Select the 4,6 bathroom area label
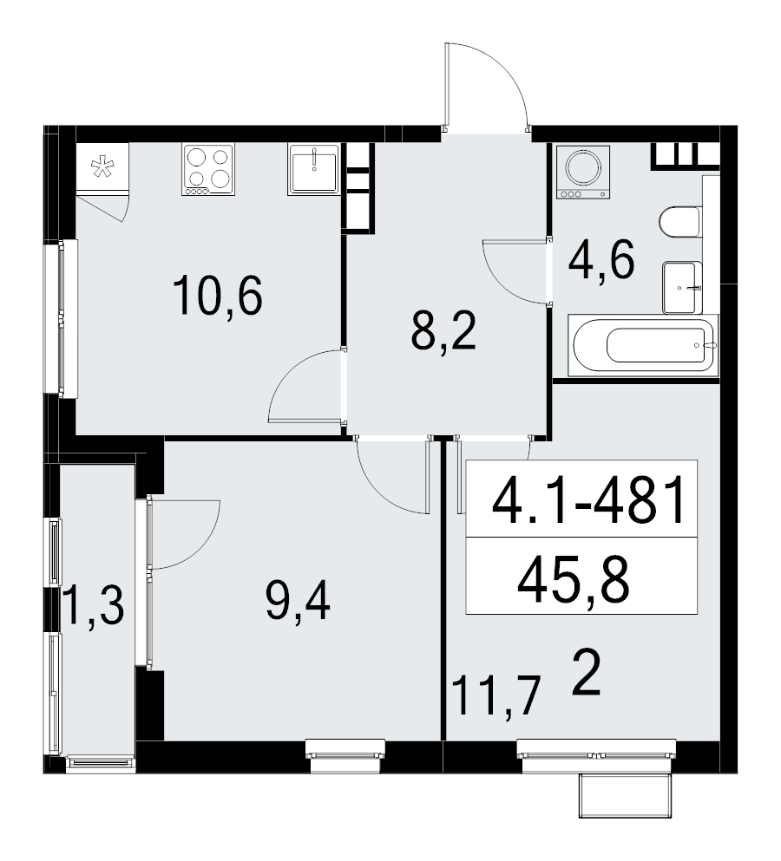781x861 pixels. [601, 260]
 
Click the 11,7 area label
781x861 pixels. [496, 695]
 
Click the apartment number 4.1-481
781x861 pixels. [589, 502]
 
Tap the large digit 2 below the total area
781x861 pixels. [588, 676]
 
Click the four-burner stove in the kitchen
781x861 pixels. [209, 168]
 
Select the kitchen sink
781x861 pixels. [313, 168]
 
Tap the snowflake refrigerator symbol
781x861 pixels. [102, 167]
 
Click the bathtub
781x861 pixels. [643, 346]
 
